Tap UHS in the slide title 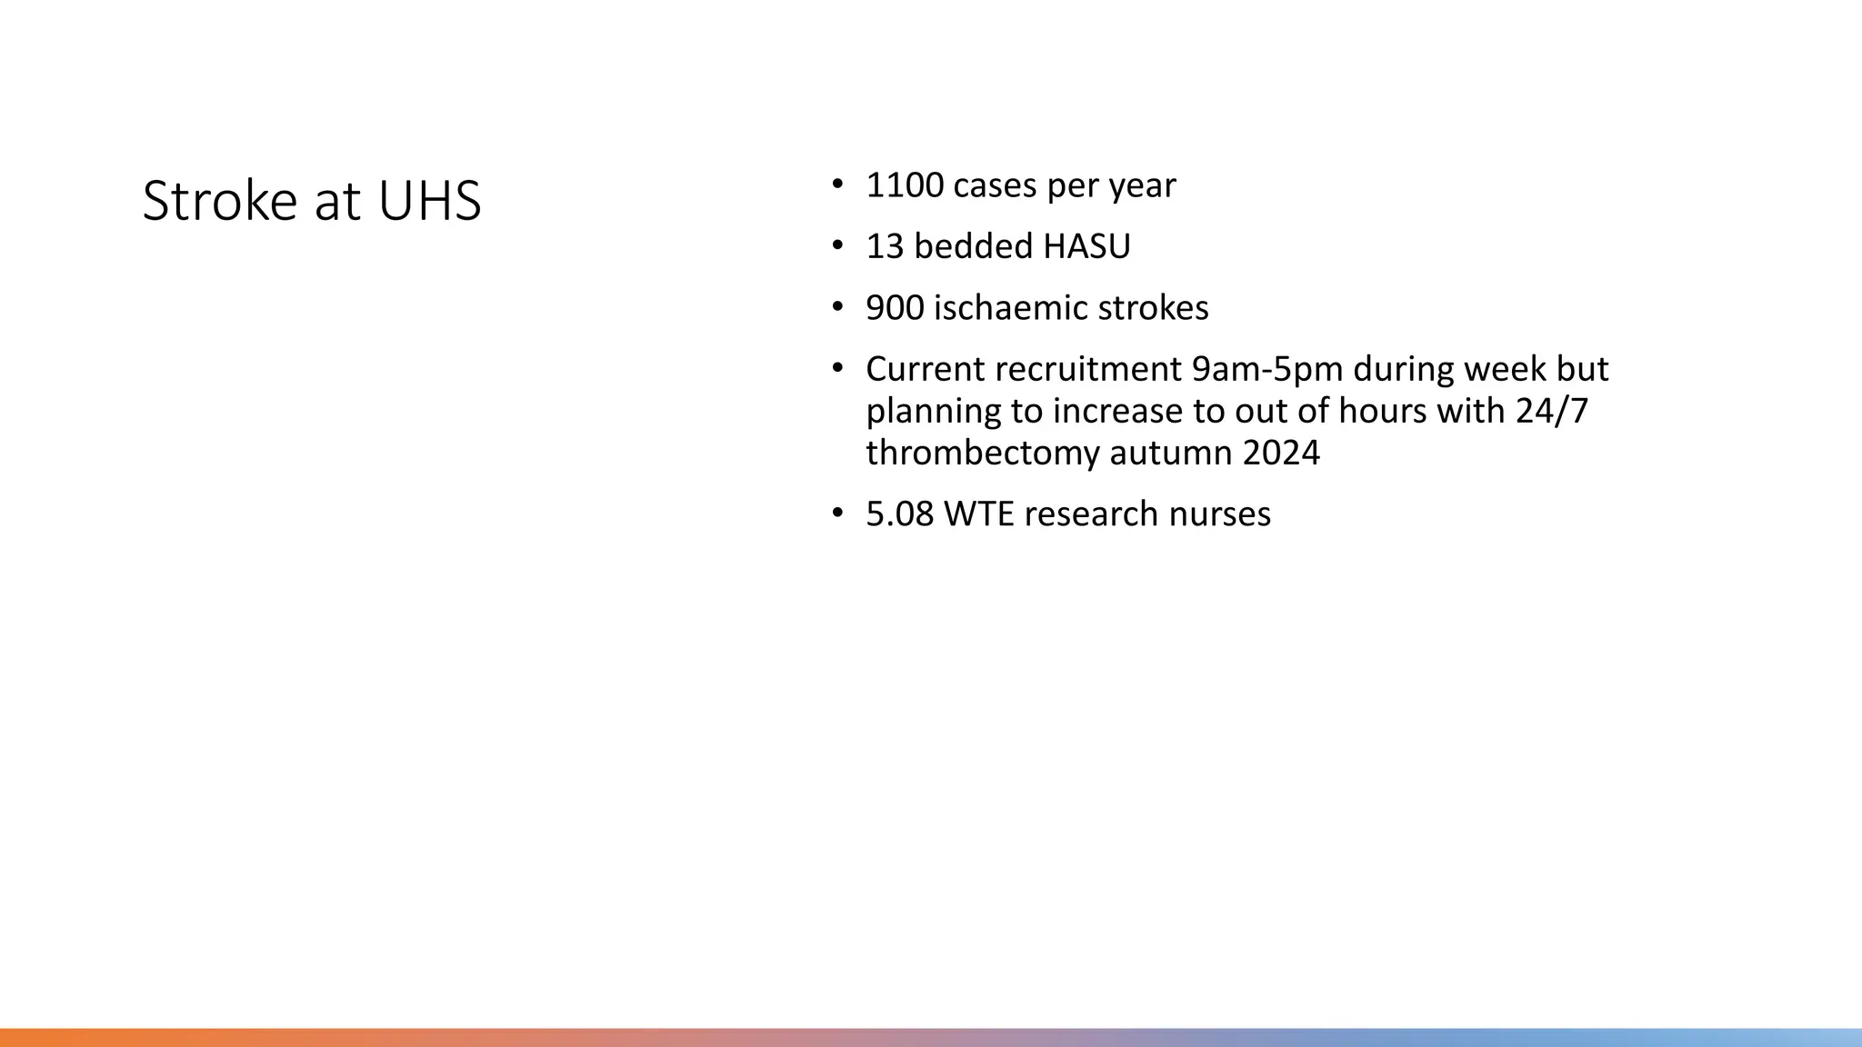429,201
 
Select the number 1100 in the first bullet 905,185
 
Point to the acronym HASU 1086,246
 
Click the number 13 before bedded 885,246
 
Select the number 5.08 899,514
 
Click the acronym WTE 979,514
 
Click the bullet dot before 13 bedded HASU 837,246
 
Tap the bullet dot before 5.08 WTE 837,514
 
